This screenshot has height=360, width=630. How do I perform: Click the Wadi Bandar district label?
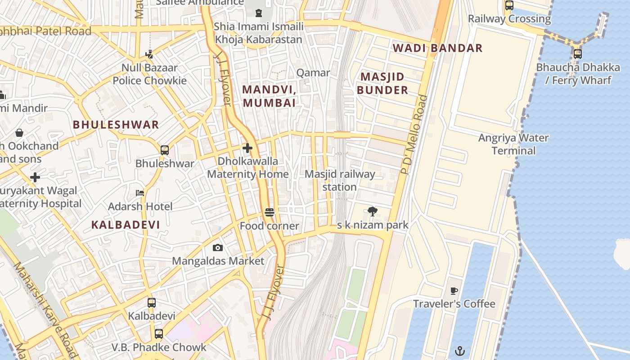(x=437, y=48)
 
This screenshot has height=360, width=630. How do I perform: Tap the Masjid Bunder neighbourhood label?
(x=382, y=83)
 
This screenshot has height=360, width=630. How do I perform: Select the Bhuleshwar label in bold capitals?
(x=116, y=125)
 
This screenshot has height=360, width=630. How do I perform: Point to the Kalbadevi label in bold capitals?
(x=126, y=225)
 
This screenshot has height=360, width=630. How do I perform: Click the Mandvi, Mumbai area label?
(x=269, y=96)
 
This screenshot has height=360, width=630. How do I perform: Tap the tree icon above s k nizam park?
(x=372, y=211)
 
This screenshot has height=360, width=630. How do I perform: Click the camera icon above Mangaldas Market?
(x=218, y=247)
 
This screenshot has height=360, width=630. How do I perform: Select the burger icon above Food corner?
(x=270, y=212)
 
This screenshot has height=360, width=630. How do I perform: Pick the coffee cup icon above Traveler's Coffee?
(x=454, y=291)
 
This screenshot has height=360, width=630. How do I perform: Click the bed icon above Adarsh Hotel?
(x=140, y=193)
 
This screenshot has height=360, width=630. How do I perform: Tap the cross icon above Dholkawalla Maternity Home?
(x=247, y=148)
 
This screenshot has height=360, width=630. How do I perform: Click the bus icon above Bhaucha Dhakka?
(x=578, y=54)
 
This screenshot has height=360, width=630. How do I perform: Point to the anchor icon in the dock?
(x=459, y=351)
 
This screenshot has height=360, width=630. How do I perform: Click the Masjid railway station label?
(x=340, y=180)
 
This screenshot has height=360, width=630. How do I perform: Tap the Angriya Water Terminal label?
(x=513, y=144)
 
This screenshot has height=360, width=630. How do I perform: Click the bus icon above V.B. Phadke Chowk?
(x=159, y=334)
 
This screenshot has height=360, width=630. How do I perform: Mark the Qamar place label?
(x=313, y=72)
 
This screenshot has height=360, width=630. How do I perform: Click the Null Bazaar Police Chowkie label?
(x=149, y=74)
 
